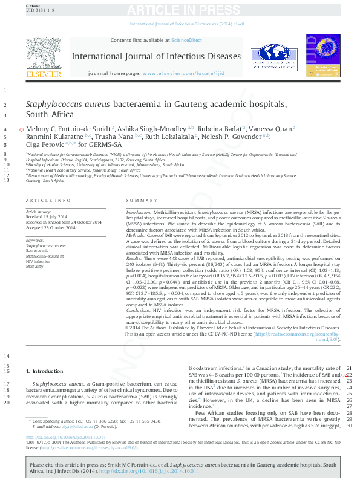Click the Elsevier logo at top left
[44, 57]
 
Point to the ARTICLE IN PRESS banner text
[180, 10]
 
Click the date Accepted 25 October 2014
[50, 227]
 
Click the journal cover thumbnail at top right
[319, 54]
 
